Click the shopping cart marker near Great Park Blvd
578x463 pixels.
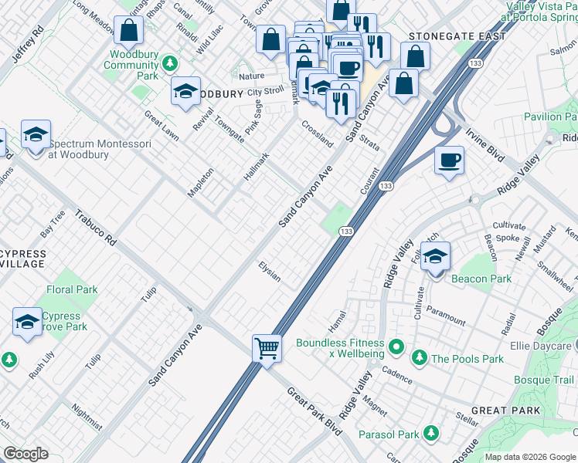[x=267, y=348]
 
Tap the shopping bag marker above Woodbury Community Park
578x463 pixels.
[x=129, y=32]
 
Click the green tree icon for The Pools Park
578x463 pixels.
[x=419, y=357]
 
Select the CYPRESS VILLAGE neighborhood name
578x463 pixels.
[x=23, y=259]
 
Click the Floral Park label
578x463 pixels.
[x=72, y=290]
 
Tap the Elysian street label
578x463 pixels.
[x=269, y=271]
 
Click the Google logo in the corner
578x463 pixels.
[x=25, y=454]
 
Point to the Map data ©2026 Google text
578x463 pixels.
[x=530, y=457]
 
